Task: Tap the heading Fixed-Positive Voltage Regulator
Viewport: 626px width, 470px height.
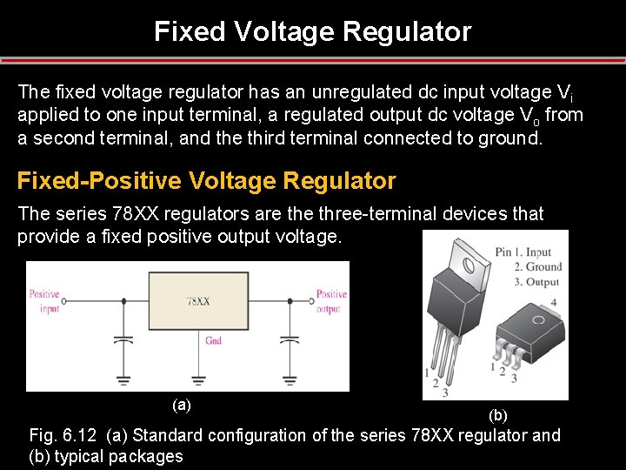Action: pos(206,181)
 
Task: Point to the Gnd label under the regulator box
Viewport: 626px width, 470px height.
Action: pos(214,340)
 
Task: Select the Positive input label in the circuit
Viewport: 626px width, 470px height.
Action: pos(44,301)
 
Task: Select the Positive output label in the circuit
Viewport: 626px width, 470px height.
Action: pos(331,301)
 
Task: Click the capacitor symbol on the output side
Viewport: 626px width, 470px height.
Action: pos(287,339)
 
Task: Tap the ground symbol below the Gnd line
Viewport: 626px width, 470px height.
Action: pos(198,379)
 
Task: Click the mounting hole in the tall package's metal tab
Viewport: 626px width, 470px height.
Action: pos(468,258)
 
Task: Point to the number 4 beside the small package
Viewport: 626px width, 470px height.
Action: pos(555,302)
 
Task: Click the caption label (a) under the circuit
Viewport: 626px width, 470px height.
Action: pos(182,405)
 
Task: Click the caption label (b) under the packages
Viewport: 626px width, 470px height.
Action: pos(498,415)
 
